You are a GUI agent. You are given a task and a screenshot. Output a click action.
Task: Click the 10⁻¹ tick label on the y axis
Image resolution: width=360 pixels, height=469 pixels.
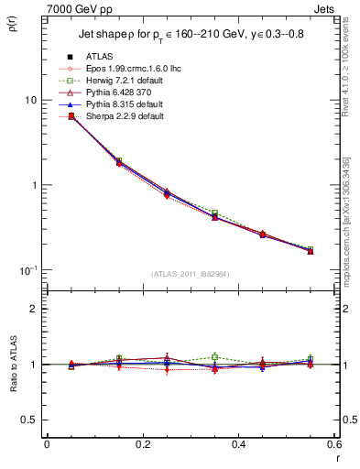point(29,269)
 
